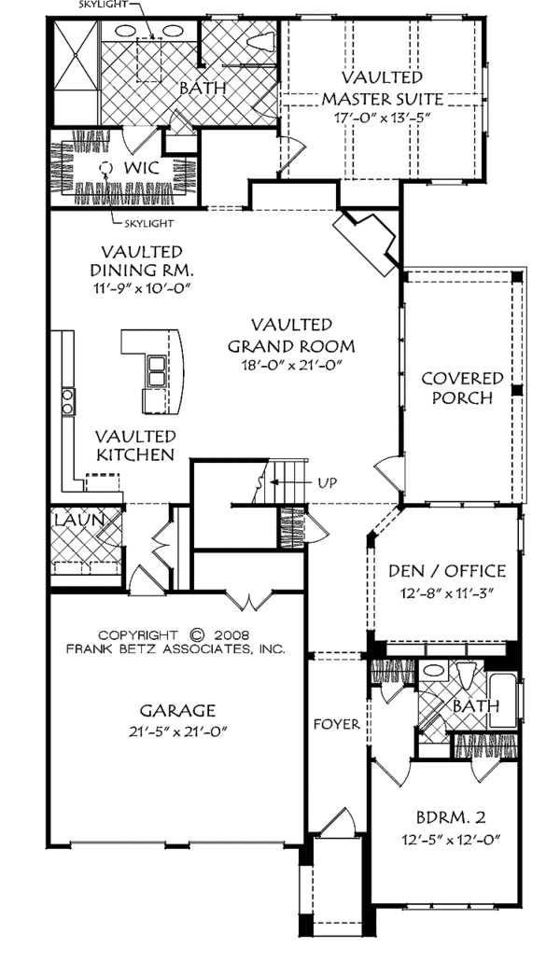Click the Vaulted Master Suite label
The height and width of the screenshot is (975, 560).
(382, 88)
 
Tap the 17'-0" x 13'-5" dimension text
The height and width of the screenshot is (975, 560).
(382, 118)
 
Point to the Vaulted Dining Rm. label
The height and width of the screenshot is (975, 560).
(142, 261)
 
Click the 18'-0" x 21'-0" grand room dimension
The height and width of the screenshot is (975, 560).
(290, 366)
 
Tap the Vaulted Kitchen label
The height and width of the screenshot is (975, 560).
(134, 445)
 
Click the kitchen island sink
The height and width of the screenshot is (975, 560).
(155, 371)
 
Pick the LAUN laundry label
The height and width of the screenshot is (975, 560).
(70, 519)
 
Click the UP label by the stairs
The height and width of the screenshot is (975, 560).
(327, 482)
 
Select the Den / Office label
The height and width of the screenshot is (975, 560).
(445, 571)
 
